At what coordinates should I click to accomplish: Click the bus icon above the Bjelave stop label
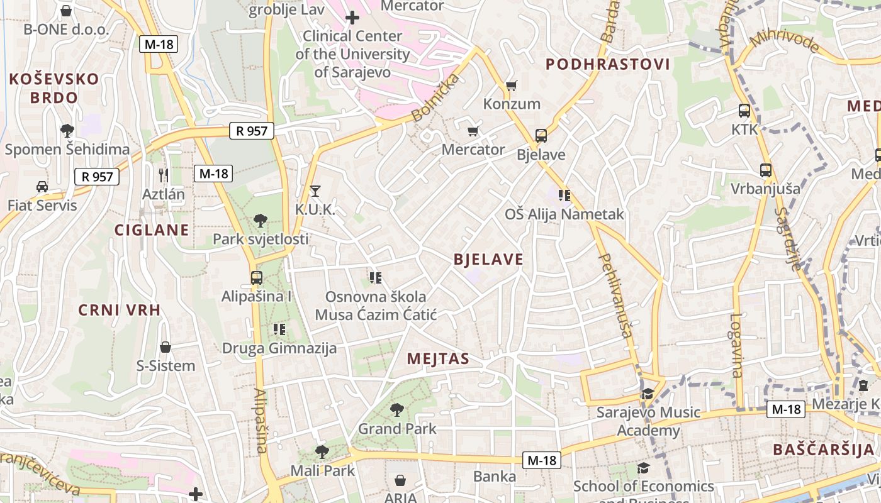pos(541,135)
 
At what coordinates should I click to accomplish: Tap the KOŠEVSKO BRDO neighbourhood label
pos(54,88)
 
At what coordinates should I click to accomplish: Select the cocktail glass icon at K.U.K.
pos(315,191)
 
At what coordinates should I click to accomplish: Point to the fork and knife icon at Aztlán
pos(164,175)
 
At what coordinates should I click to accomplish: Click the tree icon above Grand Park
pos(396,410)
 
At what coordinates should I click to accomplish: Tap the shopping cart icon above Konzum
pos(512,85)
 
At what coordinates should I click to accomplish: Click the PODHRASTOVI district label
pos(608,64)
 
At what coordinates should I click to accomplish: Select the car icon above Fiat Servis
pos(42,186)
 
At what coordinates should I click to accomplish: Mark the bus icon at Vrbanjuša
pos(765,170)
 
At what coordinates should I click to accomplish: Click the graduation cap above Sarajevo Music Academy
pos(647,394)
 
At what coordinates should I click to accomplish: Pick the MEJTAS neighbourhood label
pos(438,359)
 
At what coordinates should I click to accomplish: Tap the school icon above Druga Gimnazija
pos(279,329)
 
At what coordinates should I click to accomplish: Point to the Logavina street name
pos(737,346)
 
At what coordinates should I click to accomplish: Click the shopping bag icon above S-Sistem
pos(166,346)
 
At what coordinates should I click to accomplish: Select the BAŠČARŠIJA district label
pos(824,450)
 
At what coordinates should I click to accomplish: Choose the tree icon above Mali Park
pos(322,451)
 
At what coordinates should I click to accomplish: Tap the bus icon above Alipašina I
pos(256,277)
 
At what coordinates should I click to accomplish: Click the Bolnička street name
pos(436,97)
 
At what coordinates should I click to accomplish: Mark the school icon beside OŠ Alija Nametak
pos(564,196)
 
